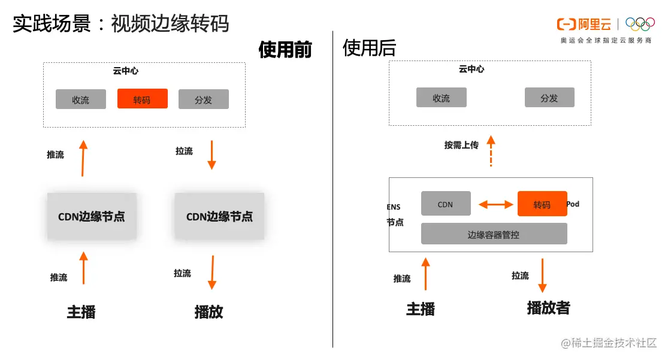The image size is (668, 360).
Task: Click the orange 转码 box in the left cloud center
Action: coord(143,99)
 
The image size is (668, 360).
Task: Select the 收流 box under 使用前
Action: coord(81,99)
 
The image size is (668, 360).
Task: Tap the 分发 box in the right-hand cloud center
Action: coord(549,98)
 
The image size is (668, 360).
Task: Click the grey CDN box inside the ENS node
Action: coord(446,204)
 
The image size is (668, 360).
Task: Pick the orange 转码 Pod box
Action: coord(542,204)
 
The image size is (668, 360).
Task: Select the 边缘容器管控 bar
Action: coord(494,234)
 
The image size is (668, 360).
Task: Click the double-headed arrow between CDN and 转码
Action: coord(496,205)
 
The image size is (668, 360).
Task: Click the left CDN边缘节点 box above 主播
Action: coord(92,216)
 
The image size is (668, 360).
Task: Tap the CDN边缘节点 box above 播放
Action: coord(219,216)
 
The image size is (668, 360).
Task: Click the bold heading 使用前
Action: coord(285,49)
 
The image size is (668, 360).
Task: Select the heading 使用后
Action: coord(370,48)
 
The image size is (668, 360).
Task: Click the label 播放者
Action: coord(548,308)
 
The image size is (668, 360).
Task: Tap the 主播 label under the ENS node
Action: coord(421,309)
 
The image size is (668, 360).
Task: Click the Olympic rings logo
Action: coord(640,24)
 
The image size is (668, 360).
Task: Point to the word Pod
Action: coord(573,204)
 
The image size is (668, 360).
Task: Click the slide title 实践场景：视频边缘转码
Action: coord(121,24)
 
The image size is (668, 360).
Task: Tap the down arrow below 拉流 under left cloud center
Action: coord(211,155)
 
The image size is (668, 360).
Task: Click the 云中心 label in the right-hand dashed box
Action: coord(471,69)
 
